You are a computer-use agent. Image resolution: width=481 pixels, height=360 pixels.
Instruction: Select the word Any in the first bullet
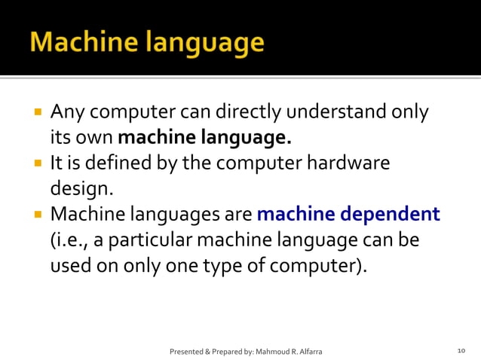pyautogui.click(x=66, y=114)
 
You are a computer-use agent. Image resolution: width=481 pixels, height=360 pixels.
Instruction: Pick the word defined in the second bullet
pyautogui.click(x=119, y=163)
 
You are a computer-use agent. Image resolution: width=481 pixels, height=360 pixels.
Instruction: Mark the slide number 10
pyautogui.click(x=461, y=351)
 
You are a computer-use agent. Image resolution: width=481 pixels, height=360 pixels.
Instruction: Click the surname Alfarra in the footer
pyautogui.click(x=311, y=352)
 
